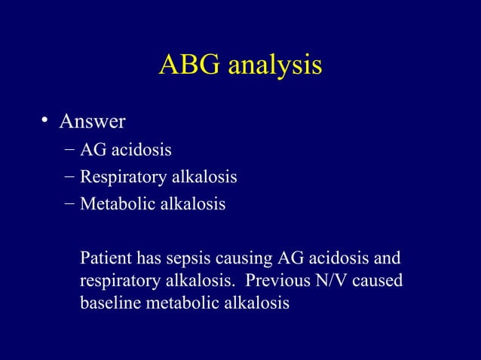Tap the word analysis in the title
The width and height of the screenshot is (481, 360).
(272, 66)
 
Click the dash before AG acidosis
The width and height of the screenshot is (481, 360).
(69, 151)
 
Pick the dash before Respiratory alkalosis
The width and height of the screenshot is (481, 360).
(69, 178)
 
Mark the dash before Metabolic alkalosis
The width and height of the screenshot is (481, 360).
(69, 204)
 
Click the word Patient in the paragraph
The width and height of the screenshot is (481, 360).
(105, 259)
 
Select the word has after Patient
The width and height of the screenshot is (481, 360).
(147, 259)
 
